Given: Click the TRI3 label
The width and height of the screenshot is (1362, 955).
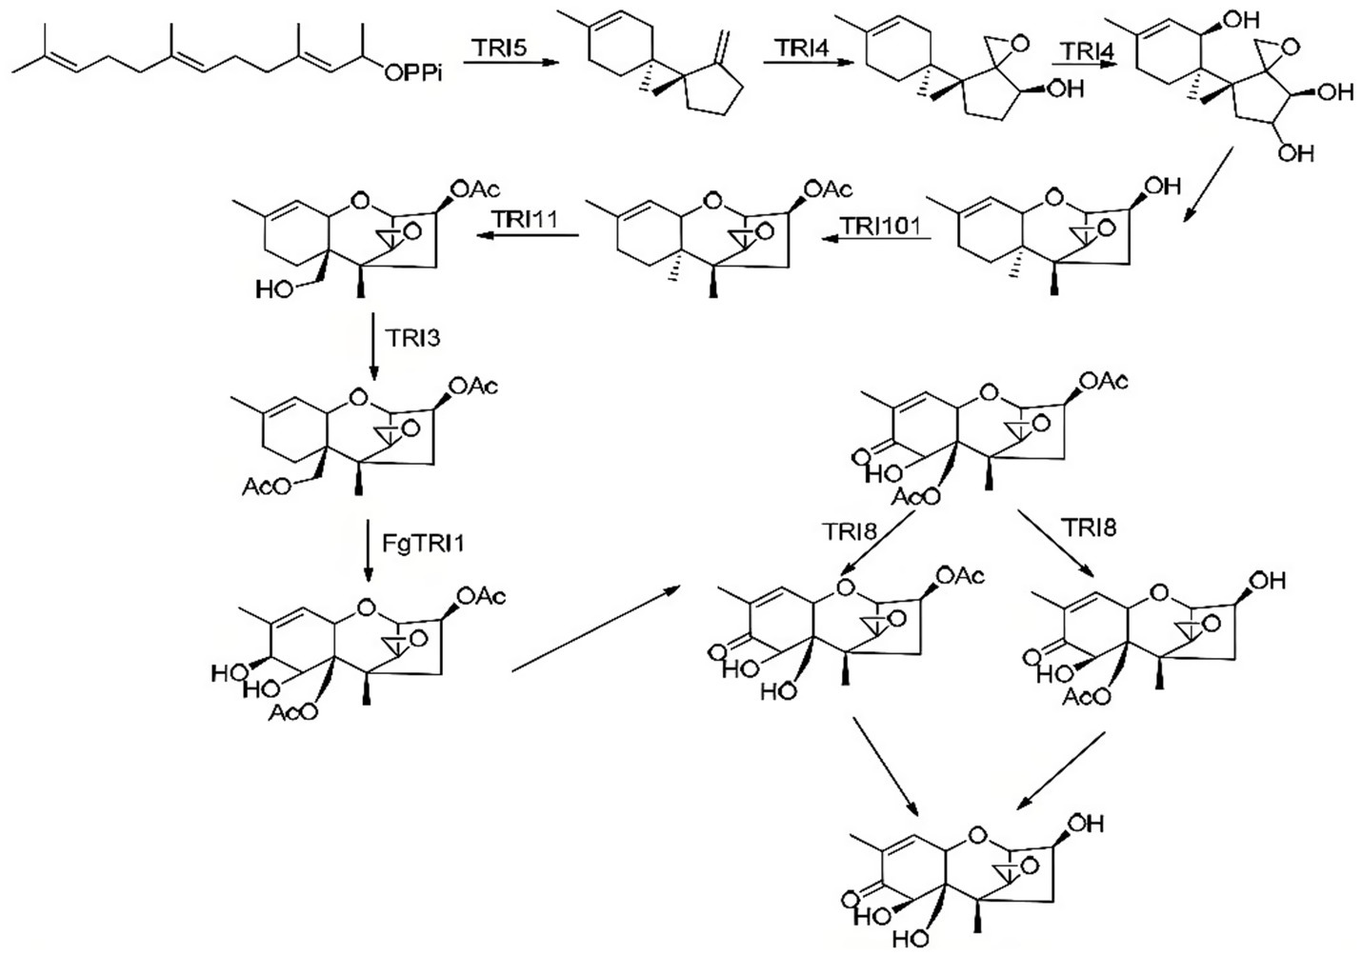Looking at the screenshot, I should point(413,337).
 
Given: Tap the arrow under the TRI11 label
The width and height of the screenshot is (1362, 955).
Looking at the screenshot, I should point(527,237).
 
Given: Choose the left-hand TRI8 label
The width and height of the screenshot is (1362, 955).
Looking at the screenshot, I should point(850,531).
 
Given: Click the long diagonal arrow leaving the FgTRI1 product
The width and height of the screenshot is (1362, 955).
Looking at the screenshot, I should point(595,628).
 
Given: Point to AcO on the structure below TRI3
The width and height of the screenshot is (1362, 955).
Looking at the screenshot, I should point(262,487).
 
